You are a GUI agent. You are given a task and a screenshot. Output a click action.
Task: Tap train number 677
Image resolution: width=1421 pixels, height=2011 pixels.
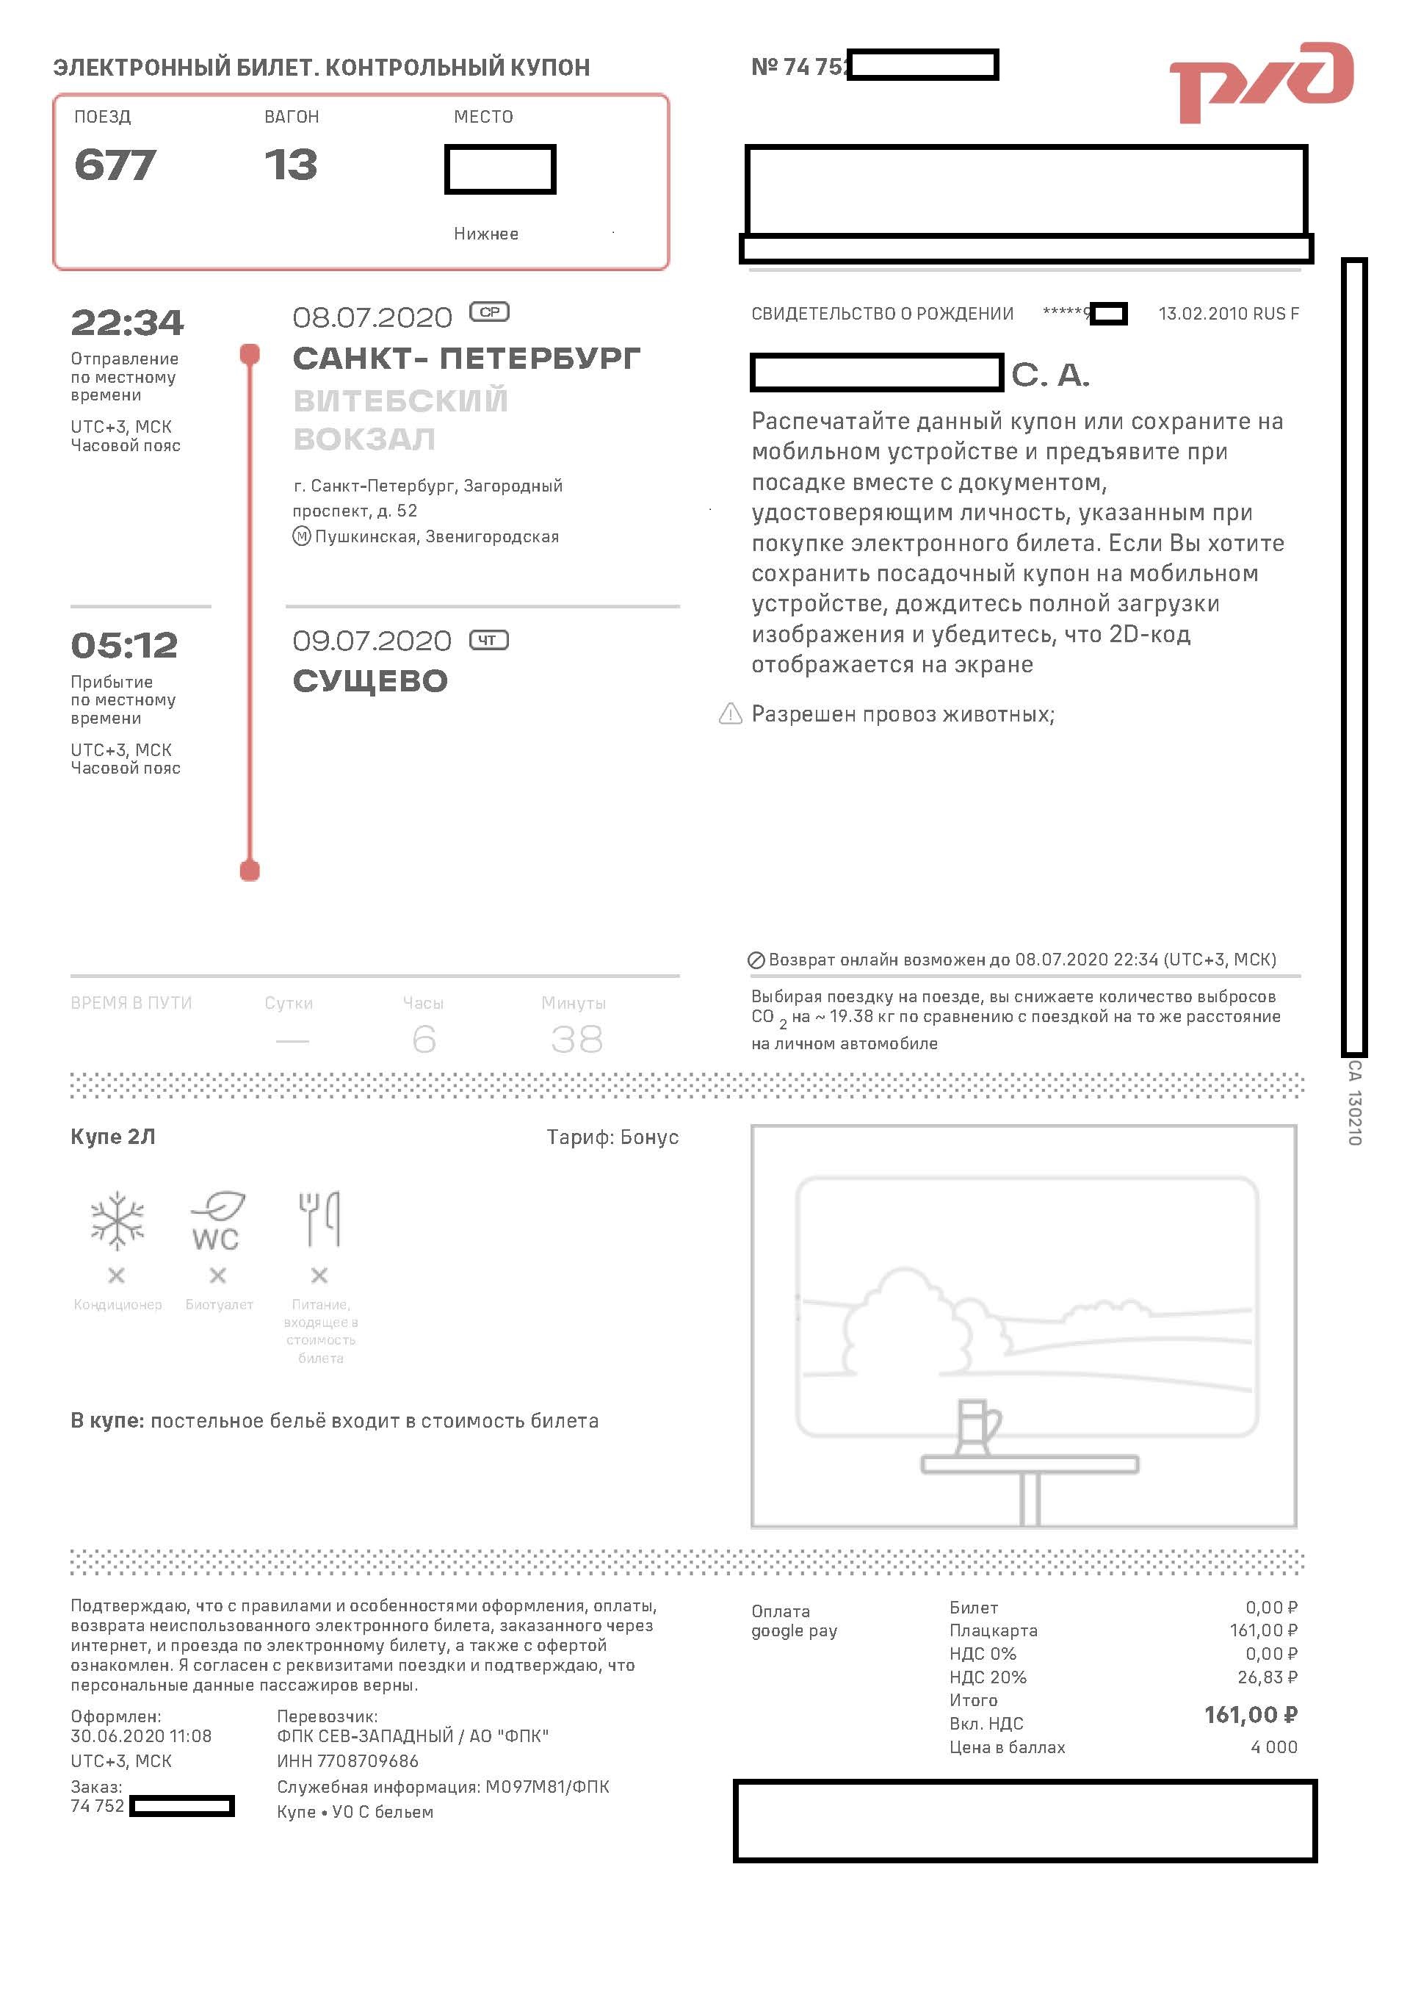tap(115, 165)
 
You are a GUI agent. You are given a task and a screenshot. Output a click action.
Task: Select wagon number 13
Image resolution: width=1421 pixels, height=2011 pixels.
tap(291, 165)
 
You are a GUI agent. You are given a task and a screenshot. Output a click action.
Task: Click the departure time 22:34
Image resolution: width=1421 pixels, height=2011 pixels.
tap(127, 323)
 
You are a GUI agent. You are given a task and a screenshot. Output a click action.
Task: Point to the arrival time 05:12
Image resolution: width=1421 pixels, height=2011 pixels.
tap(124, 646)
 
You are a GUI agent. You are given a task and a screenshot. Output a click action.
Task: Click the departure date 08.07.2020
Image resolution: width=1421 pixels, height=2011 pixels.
tap(372, 317)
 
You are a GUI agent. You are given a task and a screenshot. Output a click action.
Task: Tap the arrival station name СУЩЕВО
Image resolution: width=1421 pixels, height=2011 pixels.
tap(369, 680)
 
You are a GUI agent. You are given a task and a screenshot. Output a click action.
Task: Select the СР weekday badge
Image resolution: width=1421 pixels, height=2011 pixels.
tap(489, 312)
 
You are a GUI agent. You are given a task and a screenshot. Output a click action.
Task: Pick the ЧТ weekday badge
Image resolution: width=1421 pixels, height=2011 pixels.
tap(488, 640)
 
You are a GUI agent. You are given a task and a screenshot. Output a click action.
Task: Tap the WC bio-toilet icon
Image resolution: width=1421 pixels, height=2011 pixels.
tap(217, 1221)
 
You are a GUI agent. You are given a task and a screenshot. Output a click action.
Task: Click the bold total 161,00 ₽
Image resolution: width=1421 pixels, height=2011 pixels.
tap(1251, 1714)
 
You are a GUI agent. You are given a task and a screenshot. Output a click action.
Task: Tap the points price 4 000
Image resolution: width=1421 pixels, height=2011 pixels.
tap(1274, 1746)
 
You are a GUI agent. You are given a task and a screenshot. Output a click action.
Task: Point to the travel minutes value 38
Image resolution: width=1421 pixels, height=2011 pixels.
tap(576, 1040)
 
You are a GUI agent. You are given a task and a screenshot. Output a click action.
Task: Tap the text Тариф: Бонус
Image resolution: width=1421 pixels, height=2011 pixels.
tap(612, 1137)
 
